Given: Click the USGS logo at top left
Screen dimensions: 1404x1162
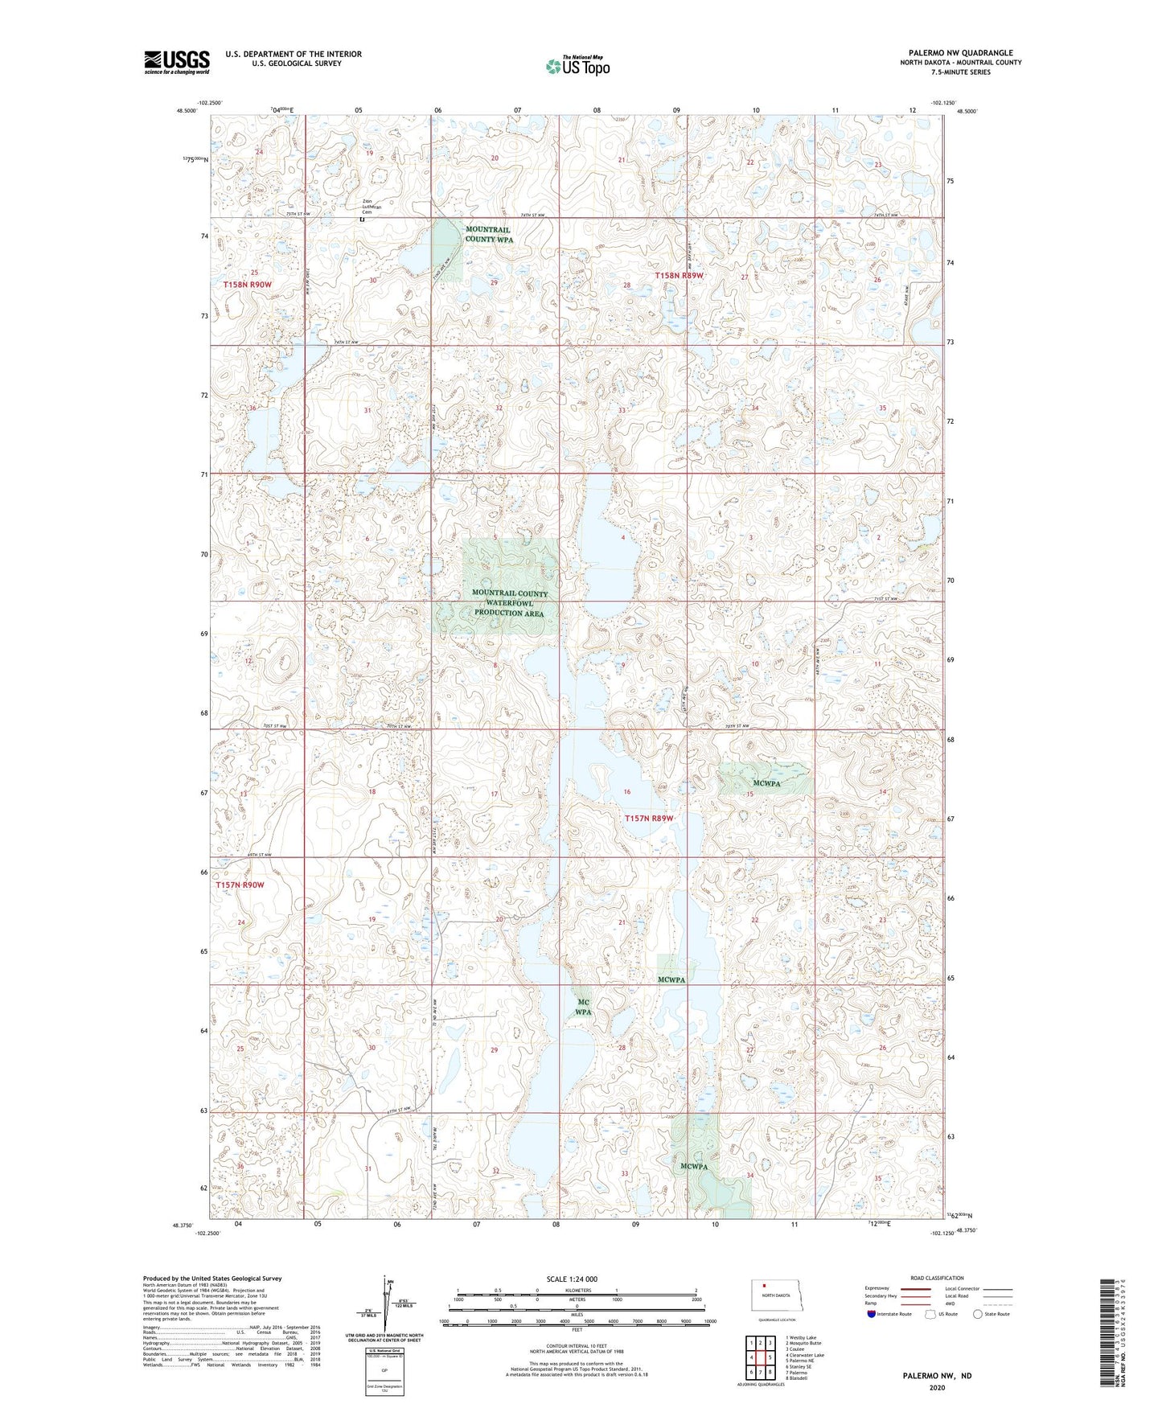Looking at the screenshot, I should (x=177, y=61).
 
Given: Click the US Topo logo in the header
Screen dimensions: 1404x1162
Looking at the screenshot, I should (x=577, y=66).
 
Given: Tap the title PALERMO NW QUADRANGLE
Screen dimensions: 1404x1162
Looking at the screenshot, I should (x=960, y=53).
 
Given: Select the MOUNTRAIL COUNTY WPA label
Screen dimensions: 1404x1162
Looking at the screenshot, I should (x=489, y=234).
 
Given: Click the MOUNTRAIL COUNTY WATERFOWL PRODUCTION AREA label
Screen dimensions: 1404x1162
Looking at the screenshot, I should (x=509, y=603).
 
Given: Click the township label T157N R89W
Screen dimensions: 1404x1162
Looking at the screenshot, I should (x=649, y=819).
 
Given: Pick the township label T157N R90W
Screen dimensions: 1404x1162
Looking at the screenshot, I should (x=240, y=885).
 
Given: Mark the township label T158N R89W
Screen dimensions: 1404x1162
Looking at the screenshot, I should (x=679, y=275).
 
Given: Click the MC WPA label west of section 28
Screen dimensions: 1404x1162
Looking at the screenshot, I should (x=584, y=1007).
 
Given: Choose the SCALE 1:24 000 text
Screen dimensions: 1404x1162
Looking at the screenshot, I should (x=572, y=1279).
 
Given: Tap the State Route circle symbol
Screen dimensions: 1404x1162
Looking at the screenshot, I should (x=978, y=1314).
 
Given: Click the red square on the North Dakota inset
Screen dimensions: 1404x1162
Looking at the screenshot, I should (x=766, y=1285).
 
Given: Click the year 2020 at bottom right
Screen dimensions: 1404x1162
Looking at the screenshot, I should (x=937, y=1387).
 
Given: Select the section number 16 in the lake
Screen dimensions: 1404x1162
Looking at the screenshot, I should (x=627, y=792).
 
